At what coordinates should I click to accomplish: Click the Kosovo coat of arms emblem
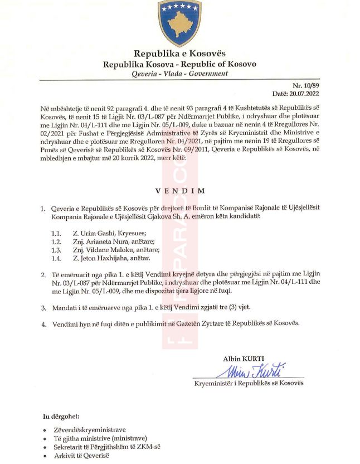pos(179,22)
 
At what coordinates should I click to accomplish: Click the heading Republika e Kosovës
pos(179,54)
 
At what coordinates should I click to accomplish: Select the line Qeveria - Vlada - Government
pos(179,74)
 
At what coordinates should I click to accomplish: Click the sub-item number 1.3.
pos(55,250)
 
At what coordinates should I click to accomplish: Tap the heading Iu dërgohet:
pos(62,417)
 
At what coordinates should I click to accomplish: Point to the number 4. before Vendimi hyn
pos(43,323)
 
